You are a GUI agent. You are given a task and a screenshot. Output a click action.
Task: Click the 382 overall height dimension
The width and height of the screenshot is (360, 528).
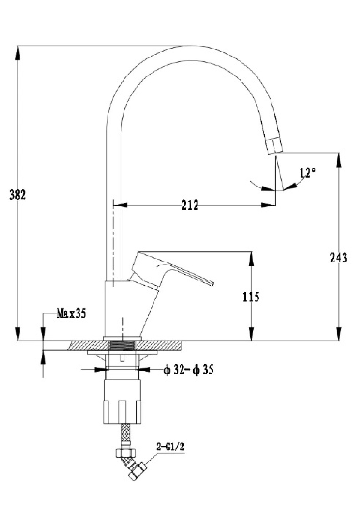(x=17, y=195)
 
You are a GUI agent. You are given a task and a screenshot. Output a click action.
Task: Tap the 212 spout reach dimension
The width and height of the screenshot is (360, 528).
(x=190, y=205)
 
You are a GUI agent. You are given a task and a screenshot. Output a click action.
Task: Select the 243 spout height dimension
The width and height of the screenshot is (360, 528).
(x=338, y=258)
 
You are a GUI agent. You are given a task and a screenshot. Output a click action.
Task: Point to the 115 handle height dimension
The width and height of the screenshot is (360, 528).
(x=251, y=297)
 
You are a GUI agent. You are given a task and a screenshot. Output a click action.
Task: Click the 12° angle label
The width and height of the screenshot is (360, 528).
(x=307, y=172)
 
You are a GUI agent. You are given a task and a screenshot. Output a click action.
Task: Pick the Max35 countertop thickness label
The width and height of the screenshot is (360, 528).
(x=71, y=314)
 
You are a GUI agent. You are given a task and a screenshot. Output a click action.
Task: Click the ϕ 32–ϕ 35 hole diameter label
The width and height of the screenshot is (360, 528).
(x=188, y=370)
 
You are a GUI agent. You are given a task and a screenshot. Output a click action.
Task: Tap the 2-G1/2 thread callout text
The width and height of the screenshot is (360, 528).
(x=170, y=447)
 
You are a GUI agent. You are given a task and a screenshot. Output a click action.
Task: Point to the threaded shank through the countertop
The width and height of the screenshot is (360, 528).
(x=122, y=346)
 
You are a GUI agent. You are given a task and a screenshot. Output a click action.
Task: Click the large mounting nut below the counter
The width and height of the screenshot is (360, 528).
(x=122, y=401)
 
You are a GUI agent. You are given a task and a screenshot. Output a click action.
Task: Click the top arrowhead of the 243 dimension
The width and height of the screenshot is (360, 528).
(x=339, y=159)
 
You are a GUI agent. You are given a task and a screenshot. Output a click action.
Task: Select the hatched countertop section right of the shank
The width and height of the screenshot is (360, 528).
(x=159, y=346)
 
